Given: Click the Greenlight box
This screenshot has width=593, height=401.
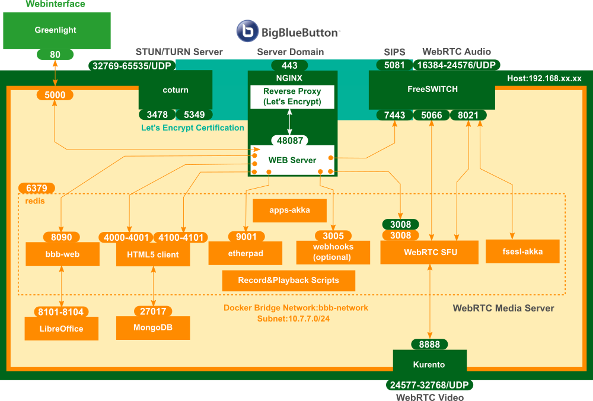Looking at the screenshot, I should (x=56, y=30).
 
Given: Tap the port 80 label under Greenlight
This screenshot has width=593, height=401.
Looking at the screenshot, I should (x=55, y=55).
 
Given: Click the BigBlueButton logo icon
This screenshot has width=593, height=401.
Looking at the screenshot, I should (x=247, y=31).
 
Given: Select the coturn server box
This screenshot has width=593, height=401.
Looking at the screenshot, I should (x=176, y=90).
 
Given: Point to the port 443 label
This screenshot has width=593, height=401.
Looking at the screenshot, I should (x=289, y=65).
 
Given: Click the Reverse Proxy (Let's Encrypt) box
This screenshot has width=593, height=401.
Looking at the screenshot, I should (x=292, y=97).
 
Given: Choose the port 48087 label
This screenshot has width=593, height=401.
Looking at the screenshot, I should (x=291, y=141).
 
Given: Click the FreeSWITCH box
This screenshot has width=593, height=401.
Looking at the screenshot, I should (x=432, y=90).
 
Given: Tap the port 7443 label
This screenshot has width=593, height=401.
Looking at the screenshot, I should (x=394, y=115).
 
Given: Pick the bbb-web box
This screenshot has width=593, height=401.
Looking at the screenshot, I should (x=63, y=254).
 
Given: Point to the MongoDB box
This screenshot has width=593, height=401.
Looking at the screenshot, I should (x=153, y=327).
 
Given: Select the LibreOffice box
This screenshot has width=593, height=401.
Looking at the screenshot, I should (x=61, y=329).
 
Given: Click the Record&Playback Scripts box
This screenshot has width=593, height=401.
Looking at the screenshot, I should (x=289, y=281).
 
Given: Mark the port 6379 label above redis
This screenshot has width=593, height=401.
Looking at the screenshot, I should (x=37, y=188).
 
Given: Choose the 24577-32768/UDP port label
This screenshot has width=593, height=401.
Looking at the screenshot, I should (x=429, y=386).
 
